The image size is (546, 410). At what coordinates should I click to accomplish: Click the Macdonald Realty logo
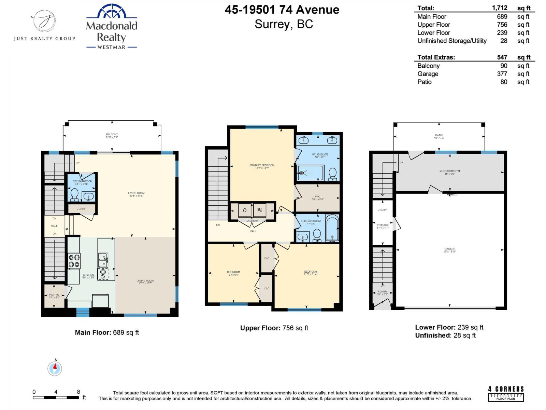click(x=112, y=27)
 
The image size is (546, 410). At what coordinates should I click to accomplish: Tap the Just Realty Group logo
click(x=44, y=26)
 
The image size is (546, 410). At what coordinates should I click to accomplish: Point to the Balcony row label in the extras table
click(x=428, y=66)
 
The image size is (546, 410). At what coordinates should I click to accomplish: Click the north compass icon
click(x=55, y=368)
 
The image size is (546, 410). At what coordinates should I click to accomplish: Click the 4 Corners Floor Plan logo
click(x=506, y=394)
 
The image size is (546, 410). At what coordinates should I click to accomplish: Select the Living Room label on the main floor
click(x=136, y=194)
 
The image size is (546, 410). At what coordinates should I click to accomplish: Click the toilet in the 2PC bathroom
click(x=74, y=194)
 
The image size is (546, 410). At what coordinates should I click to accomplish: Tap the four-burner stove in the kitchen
click(x=74, y=261)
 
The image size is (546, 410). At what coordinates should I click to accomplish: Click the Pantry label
click(x=54, y=296)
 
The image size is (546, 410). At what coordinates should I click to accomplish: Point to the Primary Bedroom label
click(x=262, y=166)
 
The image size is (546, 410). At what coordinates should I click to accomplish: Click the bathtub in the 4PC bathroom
click(x=332, y=228)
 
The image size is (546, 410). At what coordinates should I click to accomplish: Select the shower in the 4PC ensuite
click(x=310, y=173)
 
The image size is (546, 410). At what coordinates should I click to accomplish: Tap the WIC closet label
click(x=317, y=197)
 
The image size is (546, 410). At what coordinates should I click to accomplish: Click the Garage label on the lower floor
click(x=450, y=250)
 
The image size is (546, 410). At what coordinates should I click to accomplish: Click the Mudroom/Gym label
click(x=450, y=172)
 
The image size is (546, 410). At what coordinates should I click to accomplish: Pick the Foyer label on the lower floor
click(x=382, y=293)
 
